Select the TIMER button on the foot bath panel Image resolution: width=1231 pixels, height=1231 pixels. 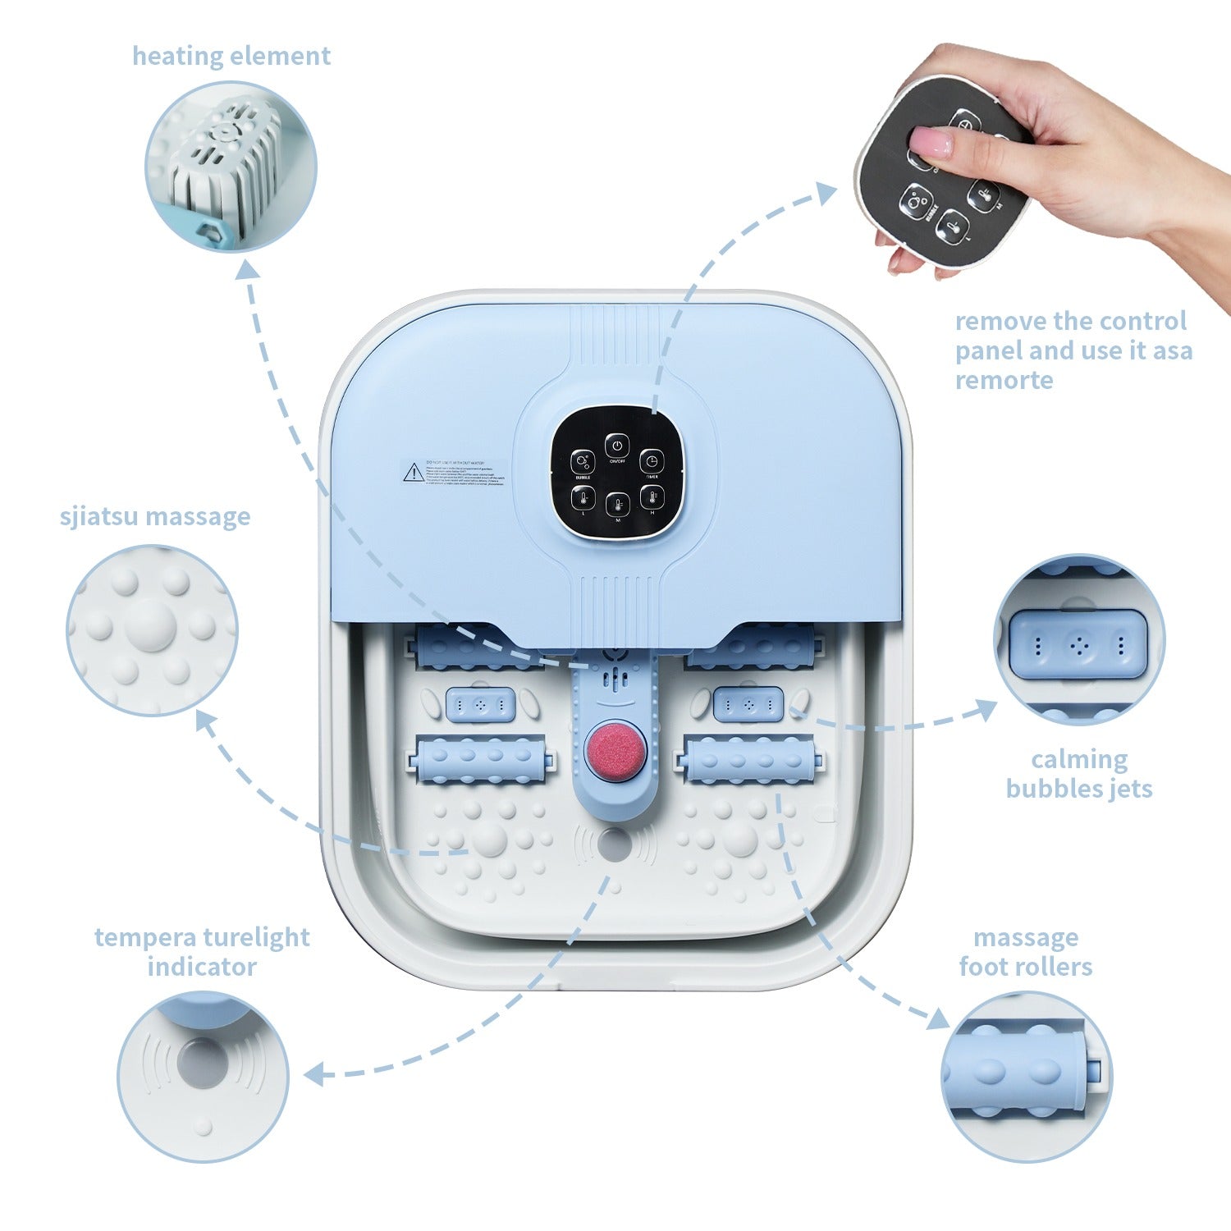click(x=651, y=461)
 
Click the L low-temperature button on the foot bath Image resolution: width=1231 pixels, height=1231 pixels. click(x=583, y=497)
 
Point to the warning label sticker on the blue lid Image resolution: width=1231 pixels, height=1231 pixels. click(x=452, y=473)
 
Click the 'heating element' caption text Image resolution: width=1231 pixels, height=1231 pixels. click(x=231, y=56)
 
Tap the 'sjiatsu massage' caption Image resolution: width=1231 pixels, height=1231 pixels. click(x=155, y=517)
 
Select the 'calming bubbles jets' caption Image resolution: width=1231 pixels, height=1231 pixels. click(x=1079, y=773)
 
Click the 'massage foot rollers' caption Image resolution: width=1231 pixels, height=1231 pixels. click(x=1026, y=951)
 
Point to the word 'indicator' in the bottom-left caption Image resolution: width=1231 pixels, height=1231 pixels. click(x=202, y=966)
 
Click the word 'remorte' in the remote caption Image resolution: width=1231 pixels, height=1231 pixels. click(x=1004, y=380)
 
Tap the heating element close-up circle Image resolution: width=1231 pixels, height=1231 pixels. click(x=231, y=167)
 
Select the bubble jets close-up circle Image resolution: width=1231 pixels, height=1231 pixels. click(x=1079, y=640)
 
